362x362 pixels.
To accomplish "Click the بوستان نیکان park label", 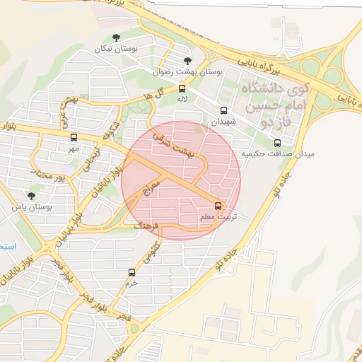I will pyautogui.click(x=117, y=49).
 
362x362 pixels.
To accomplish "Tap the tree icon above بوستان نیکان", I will pyautogui.click(x=117, y=38).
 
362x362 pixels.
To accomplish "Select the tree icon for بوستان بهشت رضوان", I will pyautogui.click(x=187, y=62).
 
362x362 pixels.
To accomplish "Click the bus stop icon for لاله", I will pyautogui.click(x=182, y=89).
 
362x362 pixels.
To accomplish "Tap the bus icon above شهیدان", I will pyautogui.click(x=224, y=111).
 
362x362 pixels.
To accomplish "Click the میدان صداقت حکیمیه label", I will pyautogui.click(x=278, y=153).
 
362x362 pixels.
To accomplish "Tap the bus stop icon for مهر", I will pyautogui.click(x=74, y=138).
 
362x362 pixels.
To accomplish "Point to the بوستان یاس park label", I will pyautogui.click(x=33, y=207).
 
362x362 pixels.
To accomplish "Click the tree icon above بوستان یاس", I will pyautogui.click(x=30, y=196).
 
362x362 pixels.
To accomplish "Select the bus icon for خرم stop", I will pyautogui.click(x=132, y=272).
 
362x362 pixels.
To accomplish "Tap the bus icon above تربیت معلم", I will pyautogui.click(x=217, y=206).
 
